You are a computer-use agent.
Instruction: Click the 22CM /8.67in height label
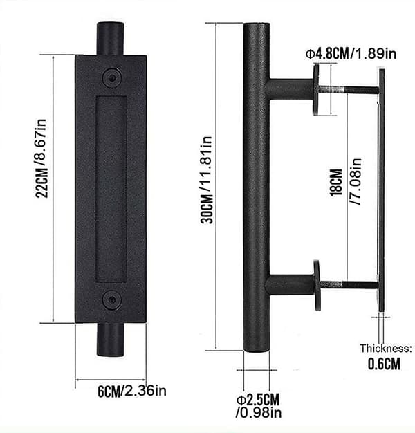[x=41, y=158]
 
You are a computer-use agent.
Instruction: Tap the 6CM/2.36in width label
[x=132, y=391]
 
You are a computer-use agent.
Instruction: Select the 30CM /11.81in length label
[x=206, y=180]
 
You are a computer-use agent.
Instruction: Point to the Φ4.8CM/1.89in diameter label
[x=351, y=53]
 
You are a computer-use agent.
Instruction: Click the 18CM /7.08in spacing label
[x=345, y=182]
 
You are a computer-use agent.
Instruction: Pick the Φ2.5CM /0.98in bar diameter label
[x=259, y=406]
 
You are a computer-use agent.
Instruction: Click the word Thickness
[x=385, y=348]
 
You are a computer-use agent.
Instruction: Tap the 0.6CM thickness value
[x=384, y=364]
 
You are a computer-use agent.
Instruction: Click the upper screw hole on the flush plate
[x=112, y=78]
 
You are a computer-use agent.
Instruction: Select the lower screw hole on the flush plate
[x=112, y=300]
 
